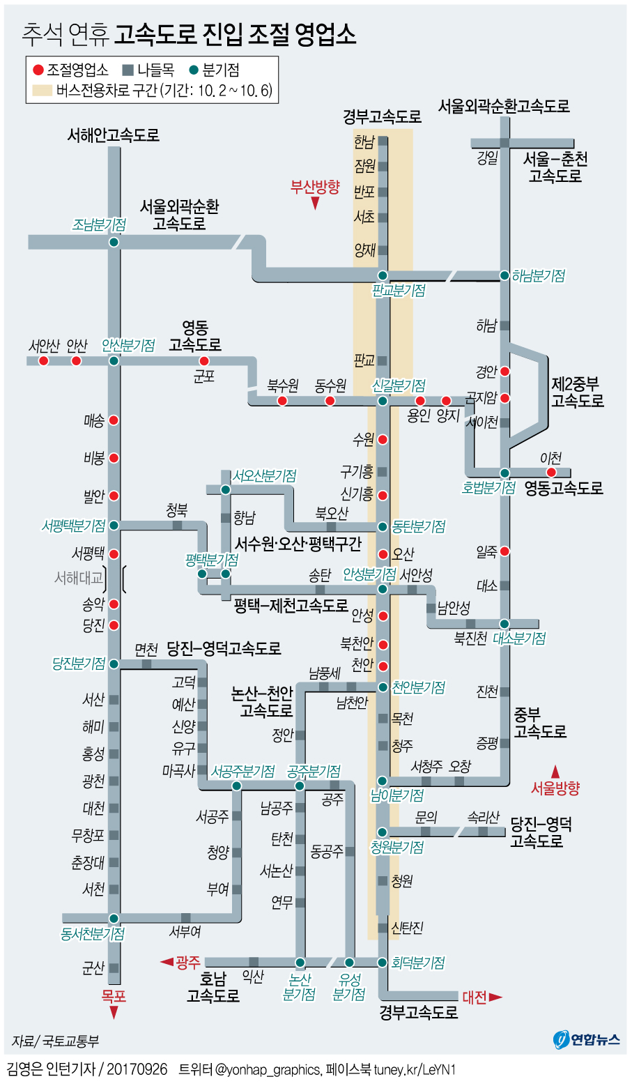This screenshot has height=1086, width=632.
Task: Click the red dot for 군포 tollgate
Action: [x=204, y=361]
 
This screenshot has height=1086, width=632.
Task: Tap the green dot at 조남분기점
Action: [x=114, y=242]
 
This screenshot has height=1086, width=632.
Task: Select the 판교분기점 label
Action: [x=399, y=291]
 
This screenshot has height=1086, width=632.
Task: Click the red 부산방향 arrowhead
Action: [x=315, y=204]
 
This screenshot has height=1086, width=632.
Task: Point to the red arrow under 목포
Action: [x=114, y=1013]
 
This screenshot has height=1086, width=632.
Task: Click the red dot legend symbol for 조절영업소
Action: [x=38, y=70]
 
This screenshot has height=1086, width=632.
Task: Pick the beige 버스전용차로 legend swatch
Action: [x=42, y=91]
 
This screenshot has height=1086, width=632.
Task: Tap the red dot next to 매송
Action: [x=114, y=420]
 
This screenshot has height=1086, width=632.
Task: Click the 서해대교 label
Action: [x=79, y=578]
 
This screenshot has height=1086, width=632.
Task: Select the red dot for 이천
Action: [x=551, y=473]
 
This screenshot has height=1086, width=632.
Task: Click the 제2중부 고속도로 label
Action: [x=577, y=392]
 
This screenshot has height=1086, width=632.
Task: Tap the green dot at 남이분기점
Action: [x=383, y=780]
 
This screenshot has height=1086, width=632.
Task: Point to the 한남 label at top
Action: [x=364, y=142]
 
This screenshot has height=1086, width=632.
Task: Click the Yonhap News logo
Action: [x=587, y=1039]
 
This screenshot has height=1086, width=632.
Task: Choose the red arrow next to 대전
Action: [x=495, y=997]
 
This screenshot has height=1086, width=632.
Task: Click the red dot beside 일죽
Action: [x=504, y=551]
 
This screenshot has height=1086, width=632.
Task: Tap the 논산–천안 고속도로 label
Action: [x=262, y=702]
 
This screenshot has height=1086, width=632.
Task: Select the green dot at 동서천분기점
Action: [x=114, y=919]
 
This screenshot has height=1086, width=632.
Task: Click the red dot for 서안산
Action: [x=44, y=361]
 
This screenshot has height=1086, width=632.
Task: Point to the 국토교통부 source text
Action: [x=70, y=1041]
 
